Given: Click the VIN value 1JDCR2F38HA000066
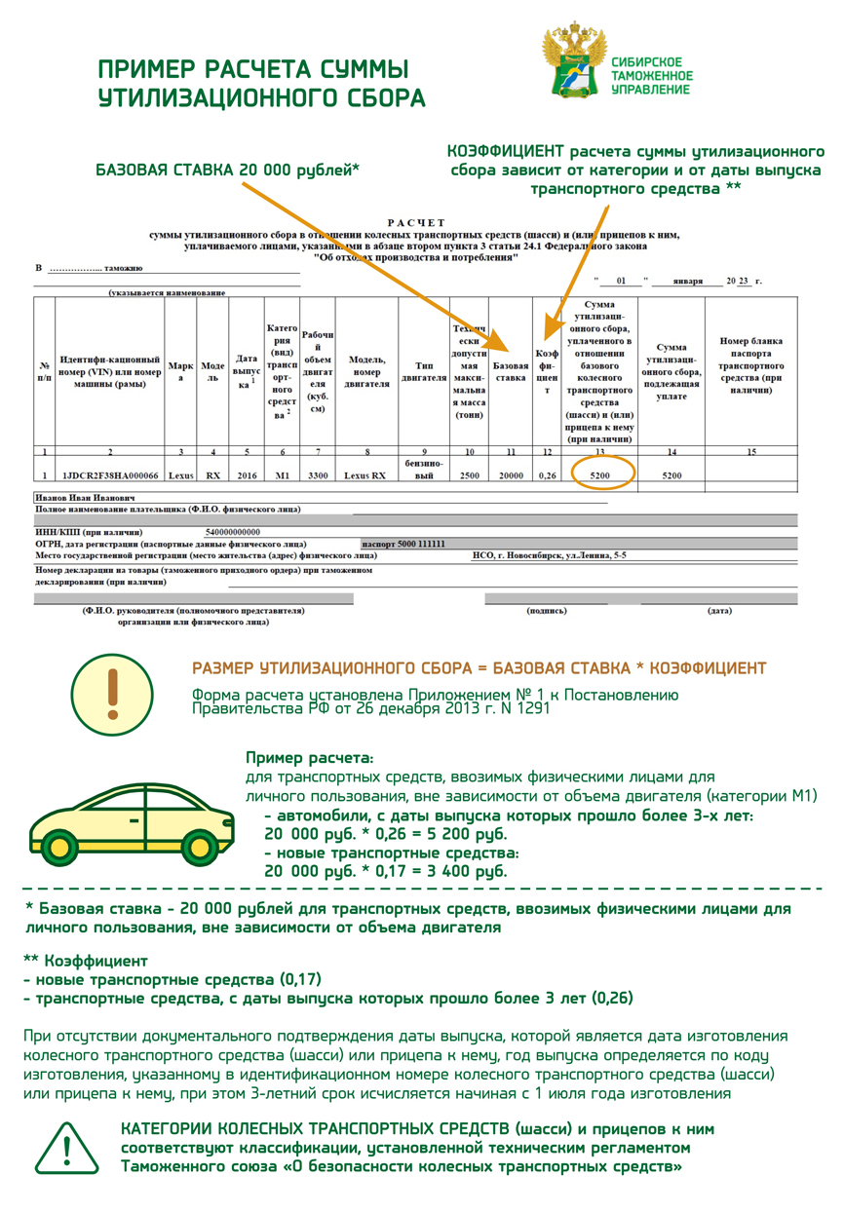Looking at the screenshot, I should (109, 475).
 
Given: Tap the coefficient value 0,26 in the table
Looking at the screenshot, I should (547, 475).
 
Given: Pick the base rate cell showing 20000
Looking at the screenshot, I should (511, 475).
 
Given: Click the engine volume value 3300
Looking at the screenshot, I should (317, 475).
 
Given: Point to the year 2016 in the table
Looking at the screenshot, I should (247, 475).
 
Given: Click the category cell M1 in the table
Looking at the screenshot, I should (282, 475).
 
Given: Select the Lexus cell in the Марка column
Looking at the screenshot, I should (180, 475).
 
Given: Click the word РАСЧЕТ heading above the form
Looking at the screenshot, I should (415, 223).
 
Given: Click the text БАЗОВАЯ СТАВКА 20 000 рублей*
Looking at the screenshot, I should (227, 171).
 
